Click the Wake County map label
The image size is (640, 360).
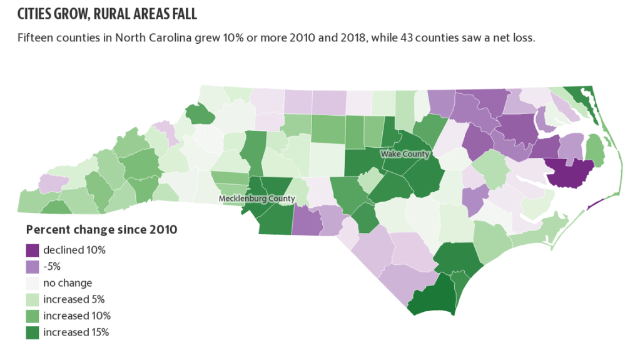406,154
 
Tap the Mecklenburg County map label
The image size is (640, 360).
257,198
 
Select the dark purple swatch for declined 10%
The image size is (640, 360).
33,250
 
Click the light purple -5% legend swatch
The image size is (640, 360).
33,267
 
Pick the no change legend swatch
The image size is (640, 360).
33,283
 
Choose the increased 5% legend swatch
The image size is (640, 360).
33,299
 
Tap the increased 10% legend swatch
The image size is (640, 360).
33,316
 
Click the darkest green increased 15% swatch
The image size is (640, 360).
33,332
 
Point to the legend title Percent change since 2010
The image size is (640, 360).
101,230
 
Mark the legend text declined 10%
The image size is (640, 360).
74,250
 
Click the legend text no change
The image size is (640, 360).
68,283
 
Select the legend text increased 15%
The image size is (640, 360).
76,332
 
